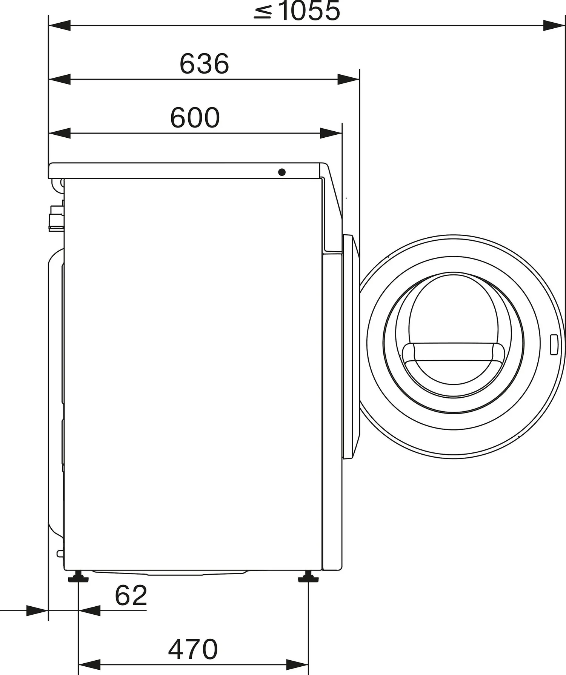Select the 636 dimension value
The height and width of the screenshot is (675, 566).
[x=204, y=64]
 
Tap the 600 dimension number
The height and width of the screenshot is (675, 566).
[x=195, y=118]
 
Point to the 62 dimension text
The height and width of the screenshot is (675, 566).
[x=131, y=595]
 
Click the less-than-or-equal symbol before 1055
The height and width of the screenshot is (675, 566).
[x=263, y=12]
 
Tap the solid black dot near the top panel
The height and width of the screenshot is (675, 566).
[x=281, y=172]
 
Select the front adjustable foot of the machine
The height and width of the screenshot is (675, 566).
[x=308, y=578]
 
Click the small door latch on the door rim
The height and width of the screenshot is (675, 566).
[x=554, y=344]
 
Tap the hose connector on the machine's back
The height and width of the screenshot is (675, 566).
[x=56, y=218]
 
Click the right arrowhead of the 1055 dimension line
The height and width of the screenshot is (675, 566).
[x=554, y=26]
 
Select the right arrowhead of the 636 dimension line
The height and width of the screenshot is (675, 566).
[x=348, y=80]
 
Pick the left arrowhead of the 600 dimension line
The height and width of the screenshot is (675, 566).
[x=60, y=133]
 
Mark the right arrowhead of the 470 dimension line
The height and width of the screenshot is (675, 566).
[x=298, y=664]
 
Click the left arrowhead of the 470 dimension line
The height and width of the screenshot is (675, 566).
[x=89, y=664]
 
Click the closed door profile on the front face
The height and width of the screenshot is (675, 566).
[x=350, y=346]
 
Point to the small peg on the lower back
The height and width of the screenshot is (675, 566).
[x=60, y=554]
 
